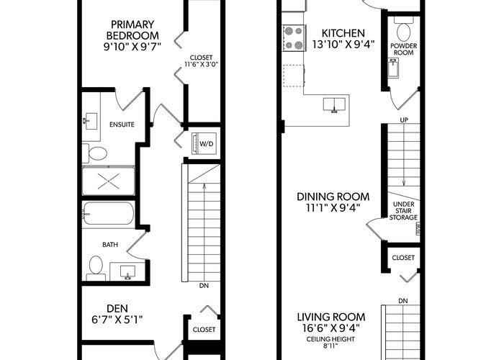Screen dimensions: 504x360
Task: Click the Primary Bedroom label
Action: (x=132, y=30)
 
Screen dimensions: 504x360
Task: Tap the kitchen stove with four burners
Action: (x=294, y=38)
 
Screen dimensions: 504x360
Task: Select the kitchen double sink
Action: (x=334, y=105)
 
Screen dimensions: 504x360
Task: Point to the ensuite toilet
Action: (x=94, y=153)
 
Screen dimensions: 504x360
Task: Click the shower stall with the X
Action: (x=108, y=181)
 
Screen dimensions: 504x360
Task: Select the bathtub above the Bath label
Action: (x=108, y=213)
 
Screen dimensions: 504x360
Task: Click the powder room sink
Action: (x=393, y=68)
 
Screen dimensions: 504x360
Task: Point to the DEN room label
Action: (x=117, y=309)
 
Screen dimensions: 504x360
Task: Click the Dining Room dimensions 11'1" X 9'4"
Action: (x=333, y=208)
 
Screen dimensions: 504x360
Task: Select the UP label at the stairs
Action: (x=404, y=120)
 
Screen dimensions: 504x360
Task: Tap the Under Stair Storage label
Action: (x=403, y=211)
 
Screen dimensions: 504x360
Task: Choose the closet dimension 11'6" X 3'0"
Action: (x=201, y=64)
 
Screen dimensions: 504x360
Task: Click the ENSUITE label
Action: (x=122, y=125)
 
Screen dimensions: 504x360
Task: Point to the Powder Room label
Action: (x=404, y=49)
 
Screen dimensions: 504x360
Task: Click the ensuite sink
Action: (x=90, y=121)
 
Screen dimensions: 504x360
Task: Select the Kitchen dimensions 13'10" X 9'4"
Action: (x=343, y=44)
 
